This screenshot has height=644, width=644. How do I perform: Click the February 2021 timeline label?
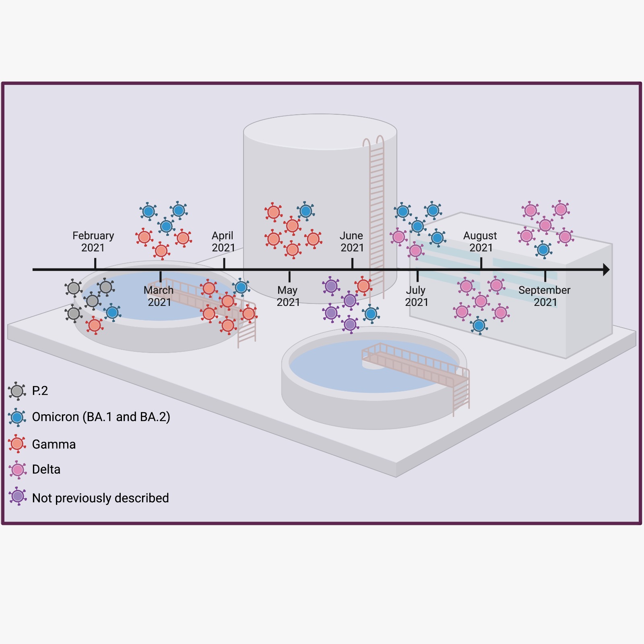93,242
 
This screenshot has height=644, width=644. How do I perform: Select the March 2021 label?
159,296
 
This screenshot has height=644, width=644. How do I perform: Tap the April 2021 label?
223,242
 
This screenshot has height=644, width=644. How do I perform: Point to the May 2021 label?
288,296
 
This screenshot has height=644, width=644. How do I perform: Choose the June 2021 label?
352,242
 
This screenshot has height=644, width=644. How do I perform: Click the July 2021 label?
416,296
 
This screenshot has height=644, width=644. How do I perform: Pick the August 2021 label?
480,242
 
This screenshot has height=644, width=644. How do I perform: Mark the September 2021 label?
545,296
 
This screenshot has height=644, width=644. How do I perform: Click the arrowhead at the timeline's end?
606,270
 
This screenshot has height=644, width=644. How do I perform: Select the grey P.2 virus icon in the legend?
17,391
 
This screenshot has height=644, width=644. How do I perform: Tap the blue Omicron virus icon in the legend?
17,417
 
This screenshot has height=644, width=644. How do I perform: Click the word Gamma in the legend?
54,444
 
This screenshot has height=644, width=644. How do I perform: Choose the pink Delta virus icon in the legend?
18,470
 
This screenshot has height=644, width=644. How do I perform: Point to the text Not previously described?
100,498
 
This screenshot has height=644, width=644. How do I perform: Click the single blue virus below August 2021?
479,326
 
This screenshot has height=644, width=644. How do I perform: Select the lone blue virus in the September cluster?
543,250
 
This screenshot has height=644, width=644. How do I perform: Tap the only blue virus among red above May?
306,211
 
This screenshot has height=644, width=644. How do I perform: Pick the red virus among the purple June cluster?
363,286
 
